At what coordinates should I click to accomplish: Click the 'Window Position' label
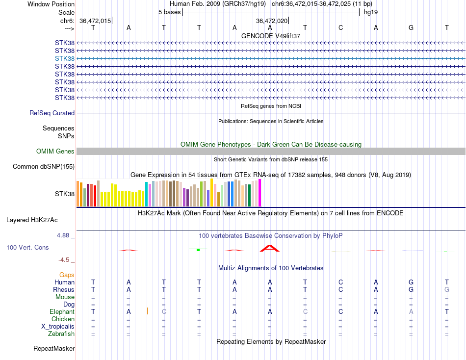coord(51,4)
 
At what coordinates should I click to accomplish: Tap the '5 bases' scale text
coord(169,12)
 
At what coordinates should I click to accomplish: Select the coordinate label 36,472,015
coord(95,21)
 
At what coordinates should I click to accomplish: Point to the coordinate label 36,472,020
coord(272,21)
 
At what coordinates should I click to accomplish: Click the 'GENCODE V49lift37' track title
coord(271,36)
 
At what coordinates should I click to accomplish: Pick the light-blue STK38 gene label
coord(65,58)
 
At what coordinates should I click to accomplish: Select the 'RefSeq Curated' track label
coord(52,113)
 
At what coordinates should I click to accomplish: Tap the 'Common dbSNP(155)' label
coord(44,167)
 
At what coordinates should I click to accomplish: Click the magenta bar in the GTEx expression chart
coord(260,193)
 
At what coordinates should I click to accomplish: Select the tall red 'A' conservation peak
coord(270,248)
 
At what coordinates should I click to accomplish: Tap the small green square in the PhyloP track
coord(198,250)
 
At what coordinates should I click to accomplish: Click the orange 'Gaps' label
coord(67,275)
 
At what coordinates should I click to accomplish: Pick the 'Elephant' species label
coord(62,312)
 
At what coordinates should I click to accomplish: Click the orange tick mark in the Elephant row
coord(147,311)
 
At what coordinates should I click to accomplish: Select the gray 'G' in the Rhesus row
coord(447,290)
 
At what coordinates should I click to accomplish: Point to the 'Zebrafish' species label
coord(61,334)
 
